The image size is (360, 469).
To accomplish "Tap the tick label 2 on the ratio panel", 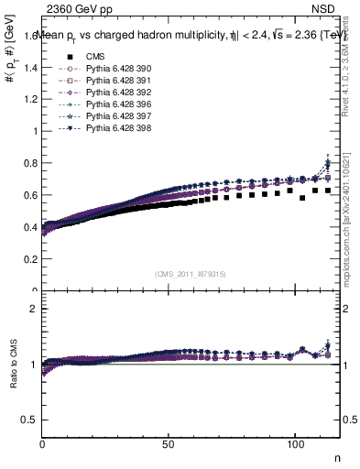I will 33,309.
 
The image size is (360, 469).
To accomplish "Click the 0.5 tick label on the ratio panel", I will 29,420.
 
